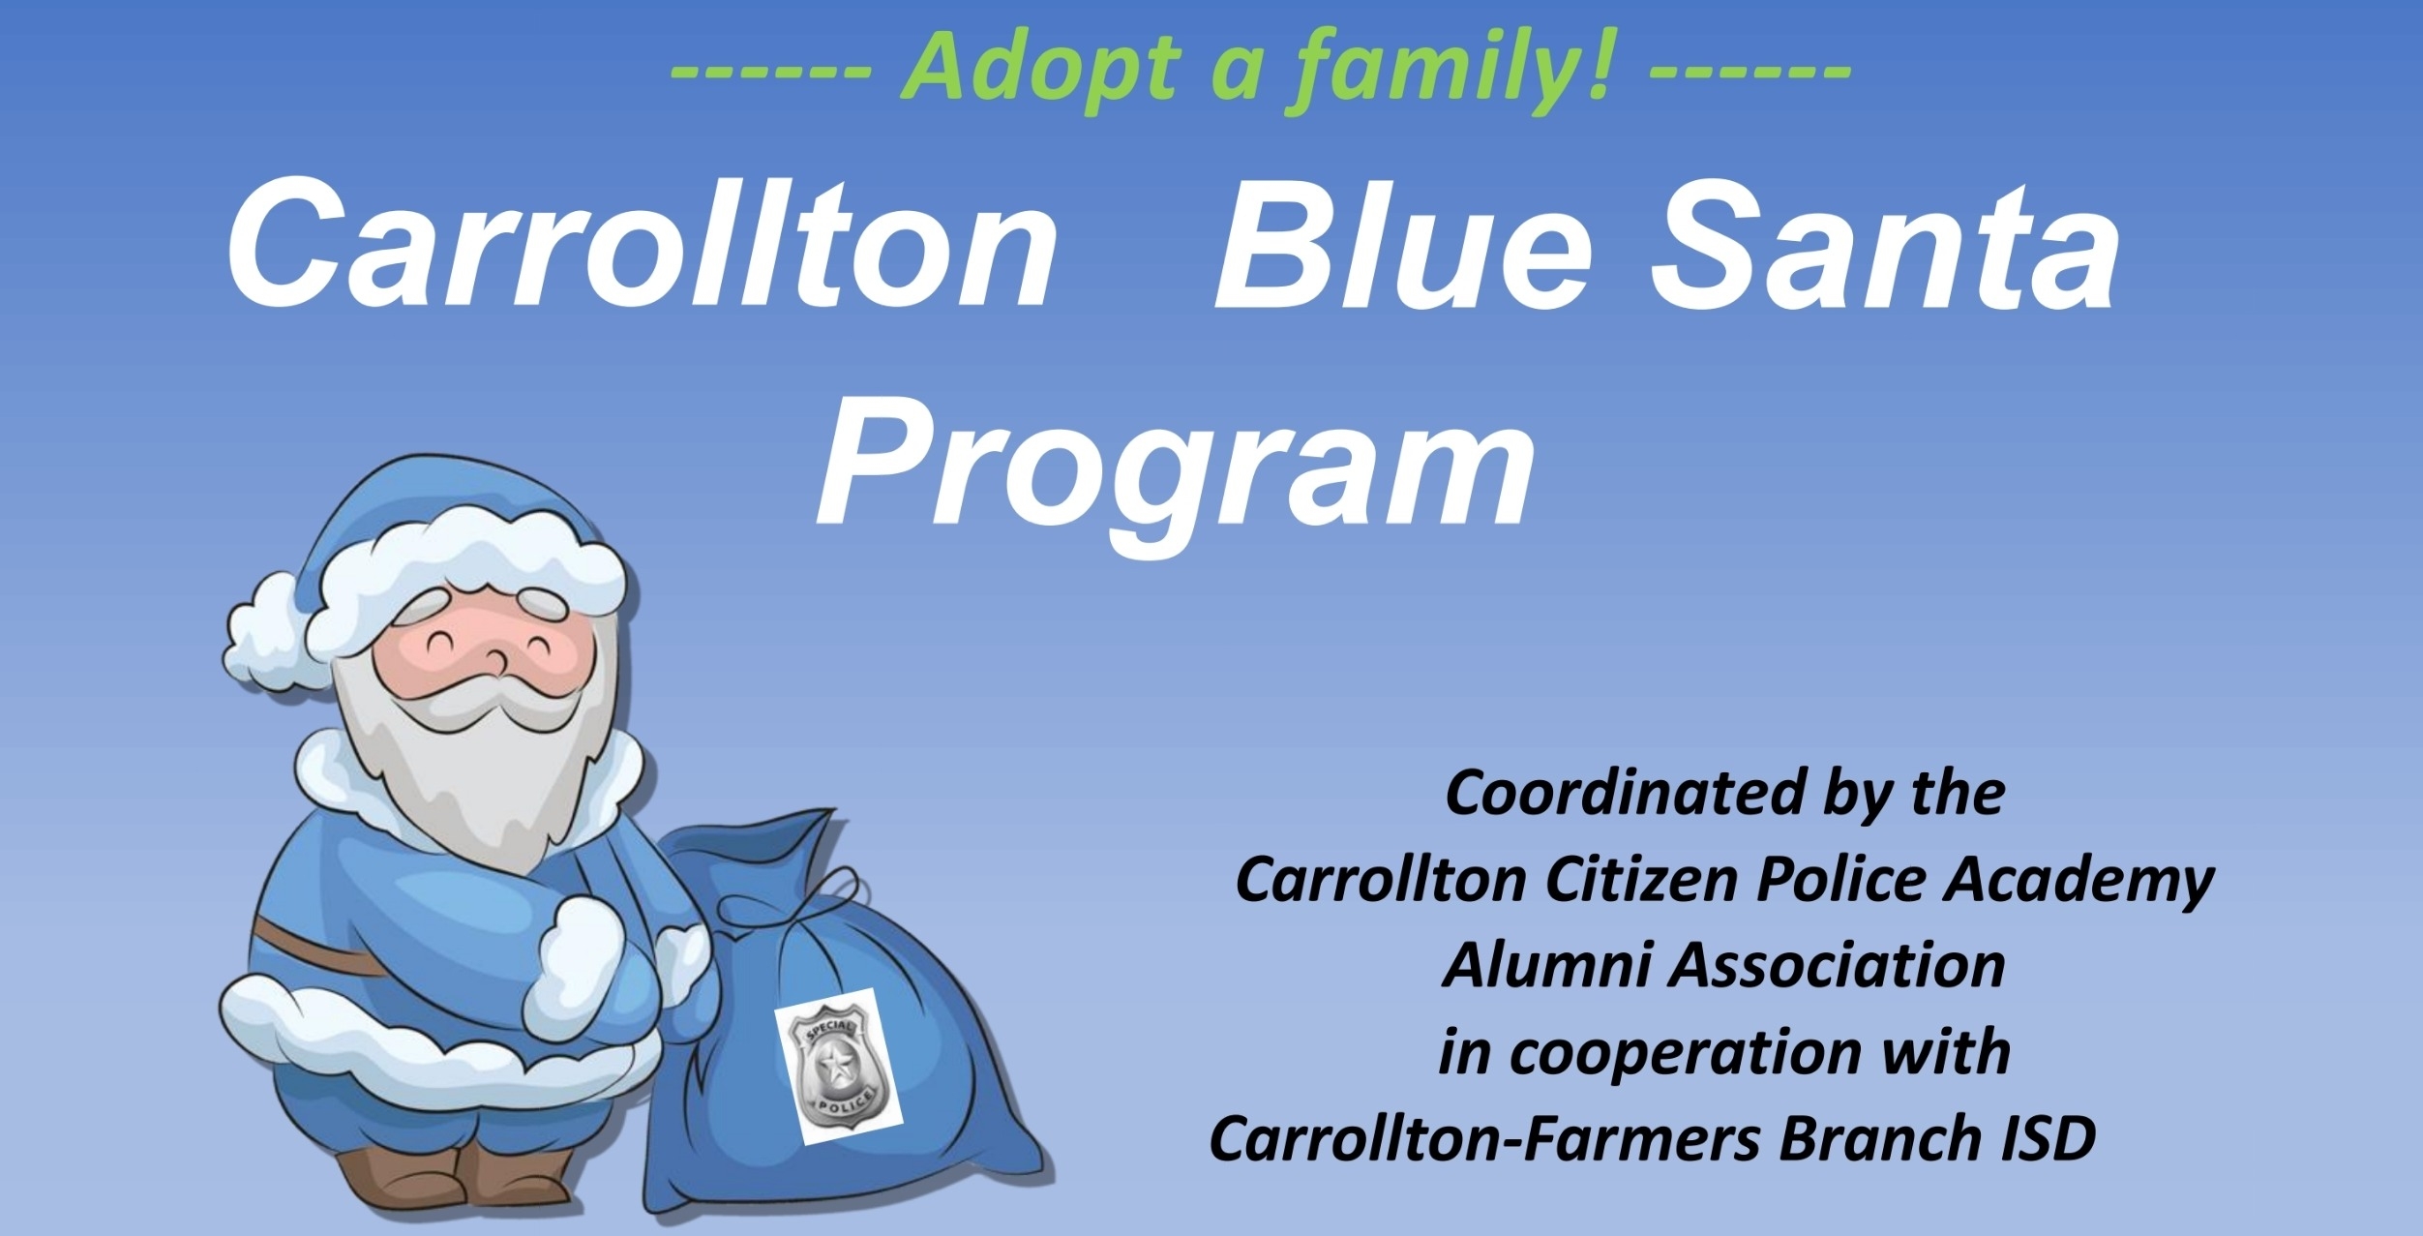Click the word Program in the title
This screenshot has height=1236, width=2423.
tap(1176, 469)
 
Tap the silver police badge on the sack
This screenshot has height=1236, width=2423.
tap(838, 1068)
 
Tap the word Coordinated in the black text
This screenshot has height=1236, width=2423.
tap(1625, 794)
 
